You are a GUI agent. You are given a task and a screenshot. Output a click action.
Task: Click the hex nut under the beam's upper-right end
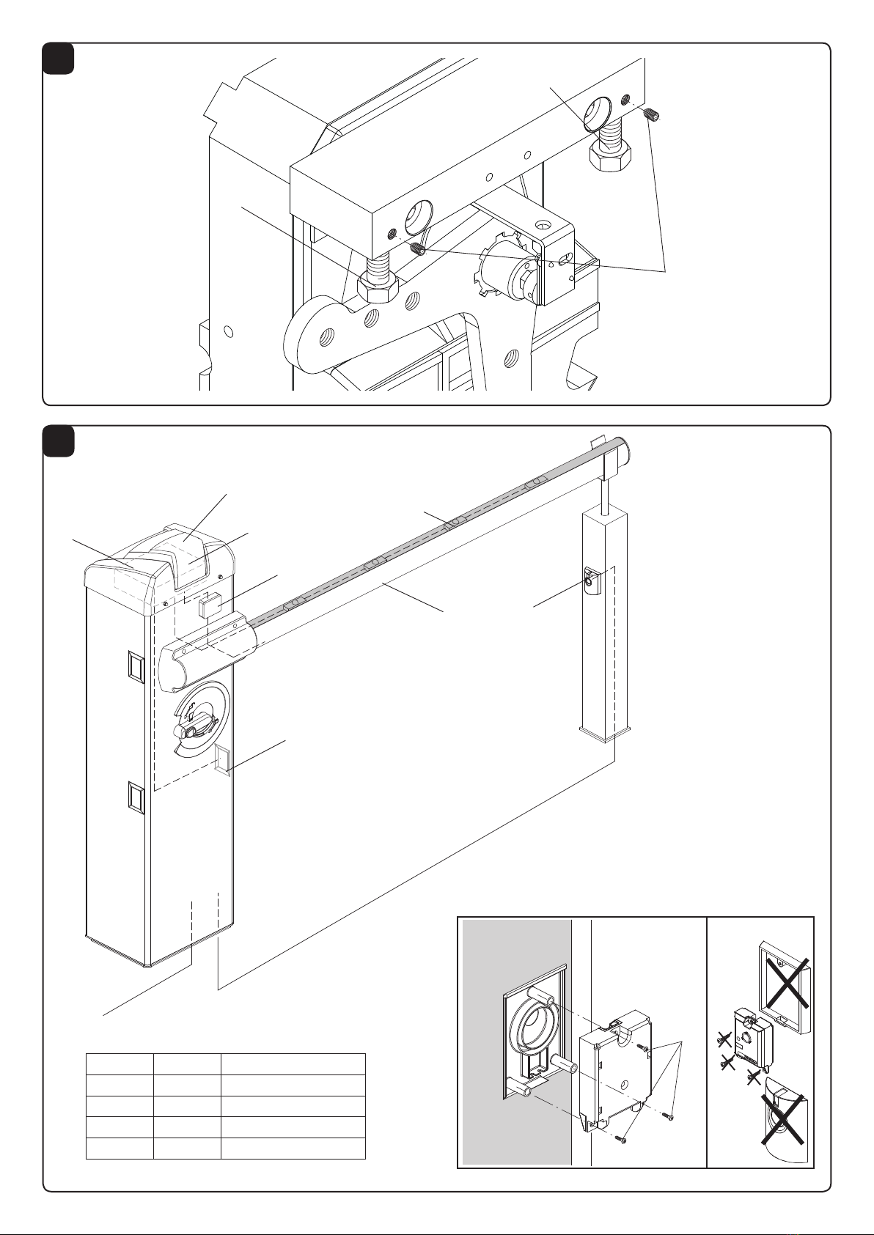(x=609, y=155)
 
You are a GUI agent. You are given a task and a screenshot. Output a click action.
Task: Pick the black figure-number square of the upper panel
(x=58, y=58)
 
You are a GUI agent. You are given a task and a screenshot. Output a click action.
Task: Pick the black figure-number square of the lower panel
(x=58, y=441)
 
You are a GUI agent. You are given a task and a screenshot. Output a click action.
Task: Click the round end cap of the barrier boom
(x=625, y=447)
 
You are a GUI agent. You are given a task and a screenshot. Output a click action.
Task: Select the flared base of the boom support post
(x=604, y=732)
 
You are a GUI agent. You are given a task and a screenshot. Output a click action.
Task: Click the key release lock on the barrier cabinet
(x=191, y=727)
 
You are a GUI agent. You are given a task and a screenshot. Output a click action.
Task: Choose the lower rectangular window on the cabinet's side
(x=135, y=797)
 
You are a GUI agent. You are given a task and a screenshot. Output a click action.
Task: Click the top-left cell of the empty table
(x=120, y=1064)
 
